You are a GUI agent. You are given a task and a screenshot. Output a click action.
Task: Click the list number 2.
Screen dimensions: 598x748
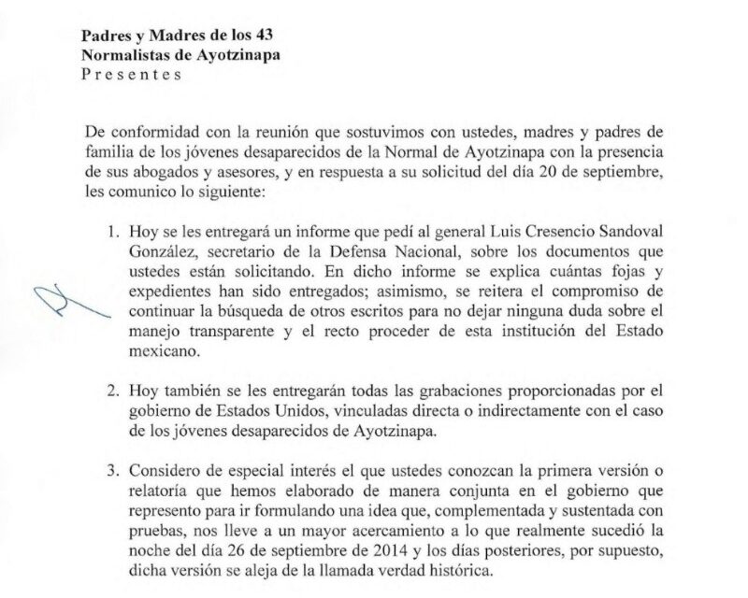[x=115, y=388]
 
